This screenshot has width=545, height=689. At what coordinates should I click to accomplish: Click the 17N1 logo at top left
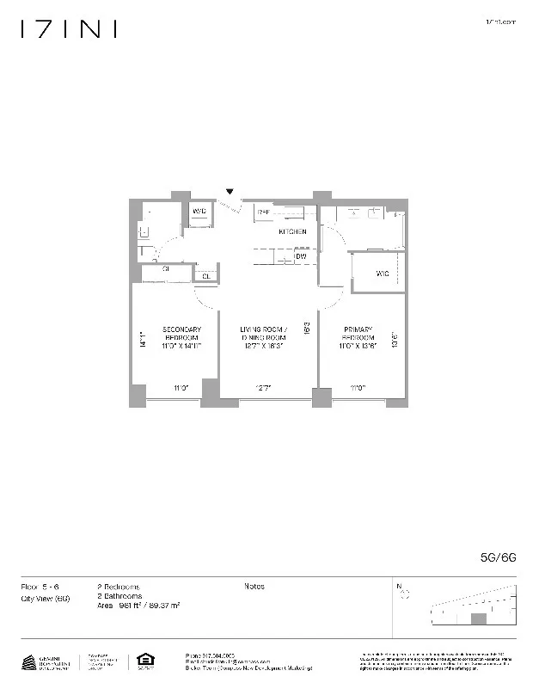pyautogui.click(x=68, y=29)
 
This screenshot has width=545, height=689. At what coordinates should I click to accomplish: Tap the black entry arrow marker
pyautogui.click(x=230, y=192)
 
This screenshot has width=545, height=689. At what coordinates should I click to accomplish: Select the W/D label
pyautogui.click(x=199, y=211)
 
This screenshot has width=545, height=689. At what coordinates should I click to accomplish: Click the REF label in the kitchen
pyautogui.click(x=264, y=211)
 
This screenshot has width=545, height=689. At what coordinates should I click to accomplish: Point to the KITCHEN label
pyautogui.click(x=292, y=232)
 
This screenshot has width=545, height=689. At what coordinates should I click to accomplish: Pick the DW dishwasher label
pyautogui.click(x=301, y=256)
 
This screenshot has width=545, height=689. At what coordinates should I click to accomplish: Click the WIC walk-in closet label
pyautogui.click(x=383, y=274)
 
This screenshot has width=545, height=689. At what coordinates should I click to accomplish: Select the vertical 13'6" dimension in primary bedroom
pyautogui.click(x=394, y=340)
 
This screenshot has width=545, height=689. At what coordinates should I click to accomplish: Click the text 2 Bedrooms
pyautogui.click(x=119, y=587)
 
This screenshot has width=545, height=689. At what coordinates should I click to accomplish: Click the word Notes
pyautogui.click(x=254, y=587)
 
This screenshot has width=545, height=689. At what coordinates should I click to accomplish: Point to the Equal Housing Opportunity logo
pyautogui.click(x=143, y=661)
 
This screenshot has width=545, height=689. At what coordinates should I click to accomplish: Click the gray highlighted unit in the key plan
pyautogui.click(x=479, y=618)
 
